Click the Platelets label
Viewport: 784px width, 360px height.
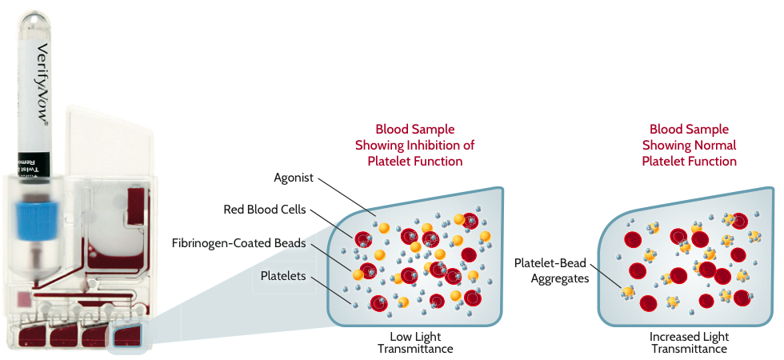tap(283, 276)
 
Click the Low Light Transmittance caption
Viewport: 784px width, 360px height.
tap(415, 342)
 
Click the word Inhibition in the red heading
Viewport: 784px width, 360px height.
tap(438, 145)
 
